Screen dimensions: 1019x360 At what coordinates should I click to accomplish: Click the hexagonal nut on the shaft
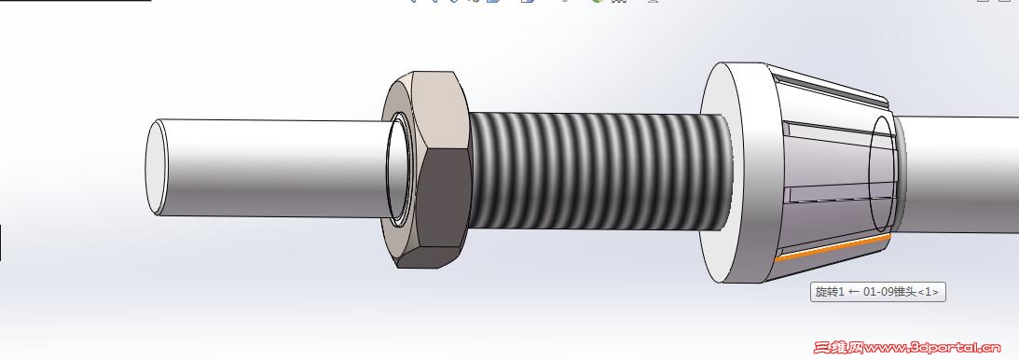[426, 169]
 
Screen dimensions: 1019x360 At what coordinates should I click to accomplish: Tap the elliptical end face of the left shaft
[156, 167]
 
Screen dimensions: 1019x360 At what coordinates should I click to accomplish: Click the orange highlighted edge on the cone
[833, 247]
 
